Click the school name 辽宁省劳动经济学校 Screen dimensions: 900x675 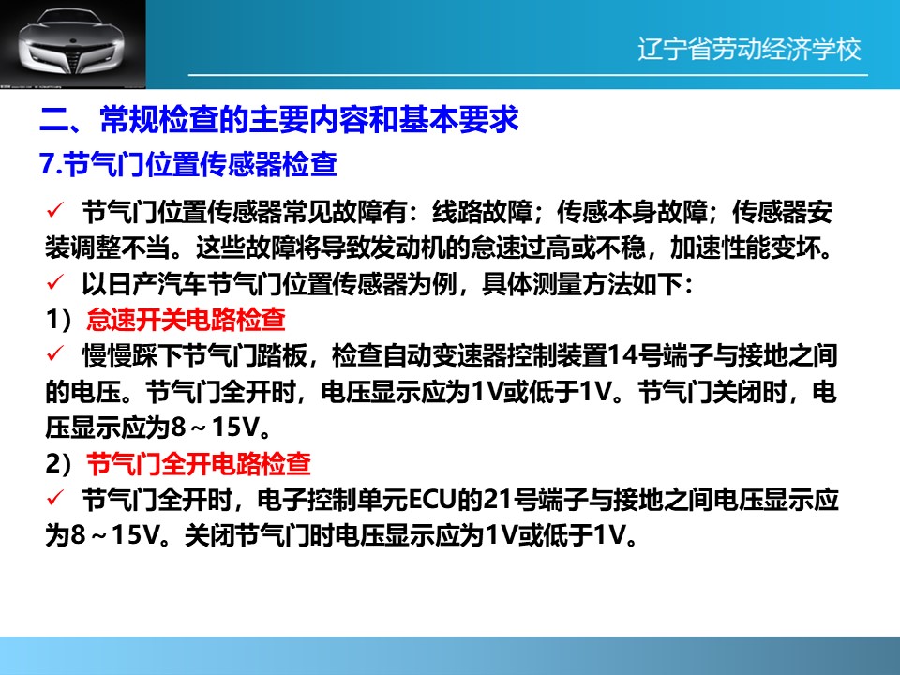click(x=749, y=50)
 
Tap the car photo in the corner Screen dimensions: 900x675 click(x=73, y=44)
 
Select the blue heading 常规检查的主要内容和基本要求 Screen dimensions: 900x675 click(x=309, y=120)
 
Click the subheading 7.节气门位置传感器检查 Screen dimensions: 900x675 click(x=188, y=164)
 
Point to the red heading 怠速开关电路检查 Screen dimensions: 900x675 click(x=186, y=320)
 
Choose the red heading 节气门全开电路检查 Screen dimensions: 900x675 click(x=199, y=464)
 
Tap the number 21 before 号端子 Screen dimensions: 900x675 click(x=498, y=500)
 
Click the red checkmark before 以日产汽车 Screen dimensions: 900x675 click(x=55, y=283)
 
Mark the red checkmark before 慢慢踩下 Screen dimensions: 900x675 click(x=55, y=354)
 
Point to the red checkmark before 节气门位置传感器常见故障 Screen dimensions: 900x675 click(x=55, y=211)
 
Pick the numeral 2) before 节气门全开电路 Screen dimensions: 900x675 click(x=60, y=464)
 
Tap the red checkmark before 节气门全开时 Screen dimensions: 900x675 click(x=55, y=499)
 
